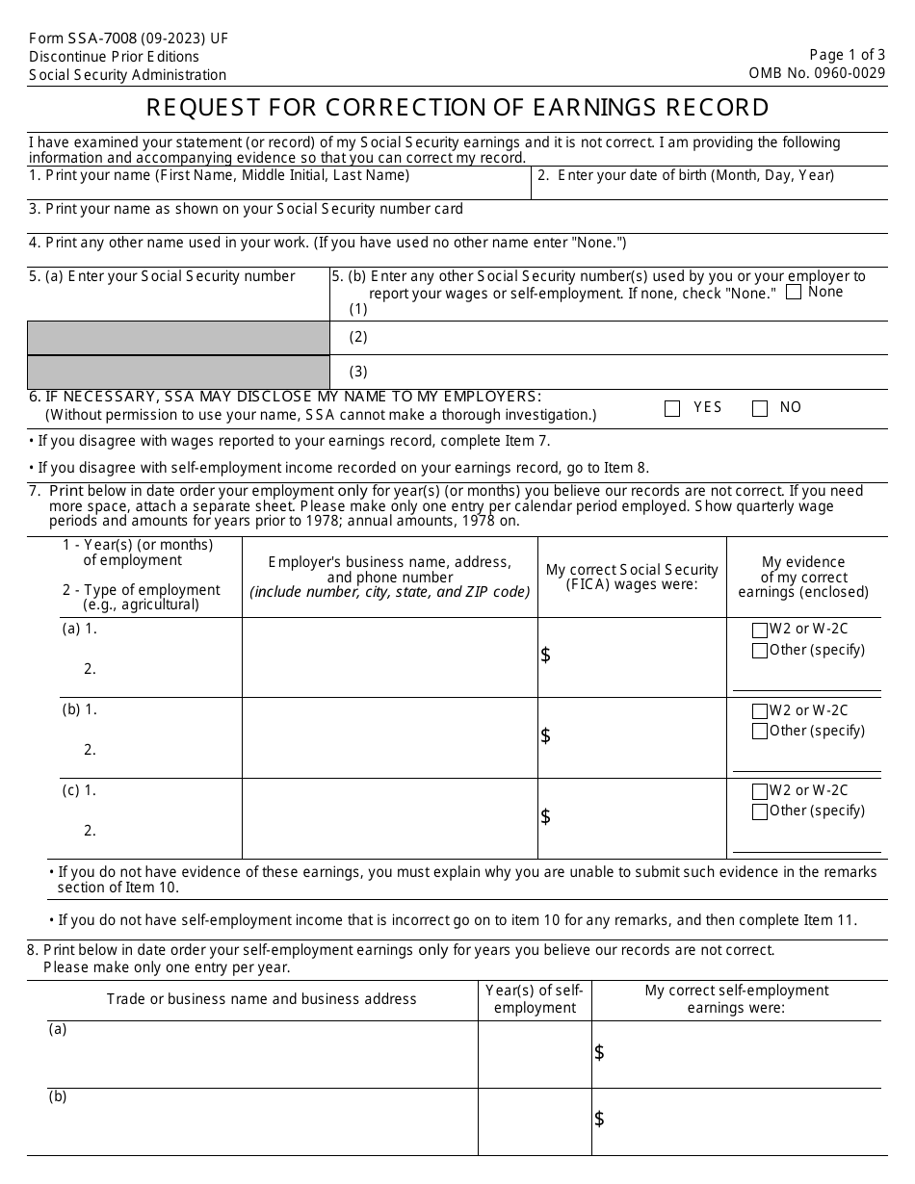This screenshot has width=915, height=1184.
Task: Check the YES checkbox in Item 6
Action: pos(672,408)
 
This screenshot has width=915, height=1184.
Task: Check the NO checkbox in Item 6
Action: pos(760,408)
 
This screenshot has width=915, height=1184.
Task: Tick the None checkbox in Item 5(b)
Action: pos(794,293)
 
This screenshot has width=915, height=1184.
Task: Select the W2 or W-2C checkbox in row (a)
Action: pos(760,631)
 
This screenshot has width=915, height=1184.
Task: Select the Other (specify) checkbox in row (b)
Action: pos(760,732)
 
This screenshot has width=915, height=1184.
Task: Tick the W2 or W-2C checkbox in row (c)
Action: pos(760,791)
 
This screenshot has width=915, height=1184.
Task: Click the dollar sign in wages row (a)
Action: pos(546,656)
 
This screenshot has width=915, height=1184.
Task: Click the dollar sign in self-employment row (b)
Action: pos(599,1119)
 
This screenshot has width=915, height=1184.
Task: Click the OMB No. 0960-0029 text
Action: pos(817,73)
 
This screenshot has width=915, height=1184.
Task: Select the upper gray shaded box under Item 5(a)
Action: pos(178,338)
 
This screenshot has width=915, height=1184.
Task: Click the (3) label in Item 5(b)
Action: pos(358,372)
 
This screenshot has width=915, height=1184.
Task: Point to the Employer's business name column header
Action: pos(389,577)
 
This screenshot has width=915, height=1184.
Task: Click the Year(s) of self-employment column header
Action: pos(535,999)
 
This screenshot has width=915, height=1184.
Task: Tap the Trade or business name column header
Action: pos(262,999)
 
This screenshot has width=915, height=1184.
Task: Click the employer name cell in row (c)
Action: pos(389,818)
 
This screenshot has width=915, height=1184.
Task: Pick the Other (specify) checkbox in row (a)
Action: pos(760,651)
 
